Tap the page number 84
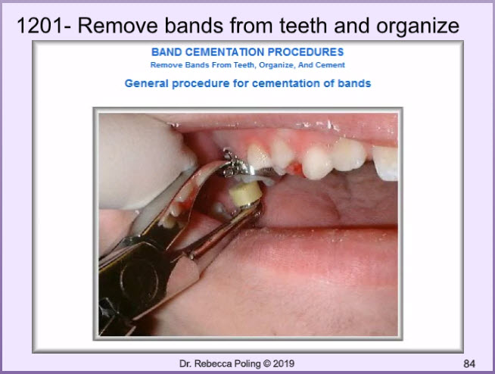tap(469, 364)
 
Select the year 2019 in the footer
tap(284, 364)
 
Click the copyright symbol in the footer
tap(266, 364)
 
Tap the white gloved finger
tap(144, 161)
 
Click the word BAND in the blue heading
tap(167, 52)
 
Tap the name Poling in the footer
tap(248, 364)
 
